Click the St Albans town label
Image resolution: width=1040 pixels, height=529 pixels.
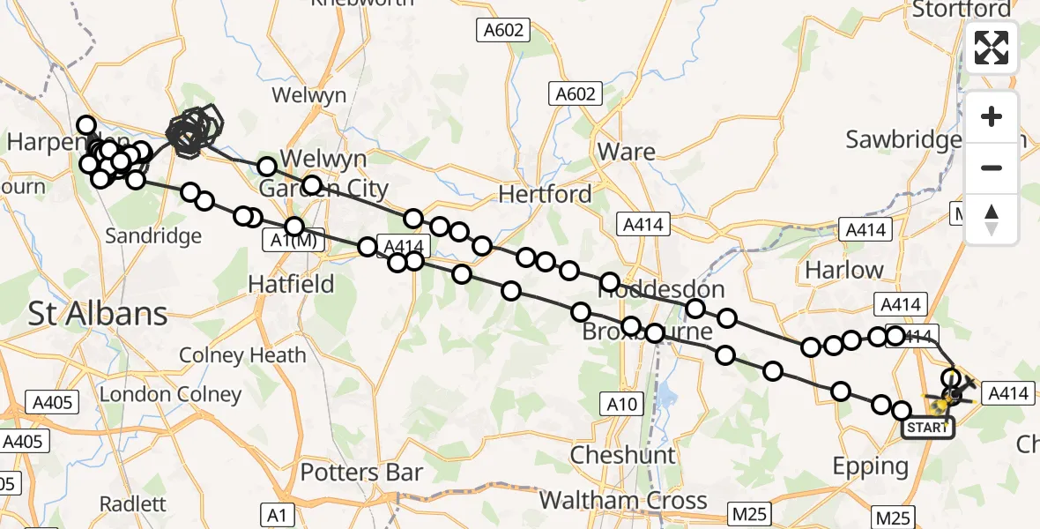pos(97,314)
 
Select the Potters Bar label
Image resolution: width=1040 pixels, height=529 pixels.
pos(361,473)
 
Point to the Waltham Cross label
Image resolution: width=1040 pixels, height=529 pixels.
pos(622,501)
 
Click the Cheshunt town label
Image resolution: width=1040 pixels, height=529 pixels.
pos(622,455)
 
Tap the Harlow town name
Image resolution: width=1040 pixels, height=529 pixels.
pos(843,270)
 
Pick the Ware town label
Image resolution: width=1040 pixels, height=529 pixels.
pos(626,152)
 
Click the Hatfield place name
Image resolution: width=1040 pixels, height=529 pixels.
pos(291,284)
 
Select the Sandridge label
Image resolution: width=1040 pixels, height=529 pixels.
pos(153,235)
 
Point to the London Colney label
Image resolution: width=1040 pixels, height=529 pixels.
pos(170,394)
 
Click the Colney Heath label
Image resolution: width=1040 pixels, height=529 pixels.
pos(242,355)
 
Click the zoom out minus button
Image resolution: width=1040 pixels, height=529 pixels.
pos(992,168)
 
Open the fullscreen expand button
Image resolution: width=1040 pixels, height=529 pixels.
pos(992,48)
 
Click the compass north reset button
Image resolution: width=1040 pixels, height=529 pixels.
pos(992,220)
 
